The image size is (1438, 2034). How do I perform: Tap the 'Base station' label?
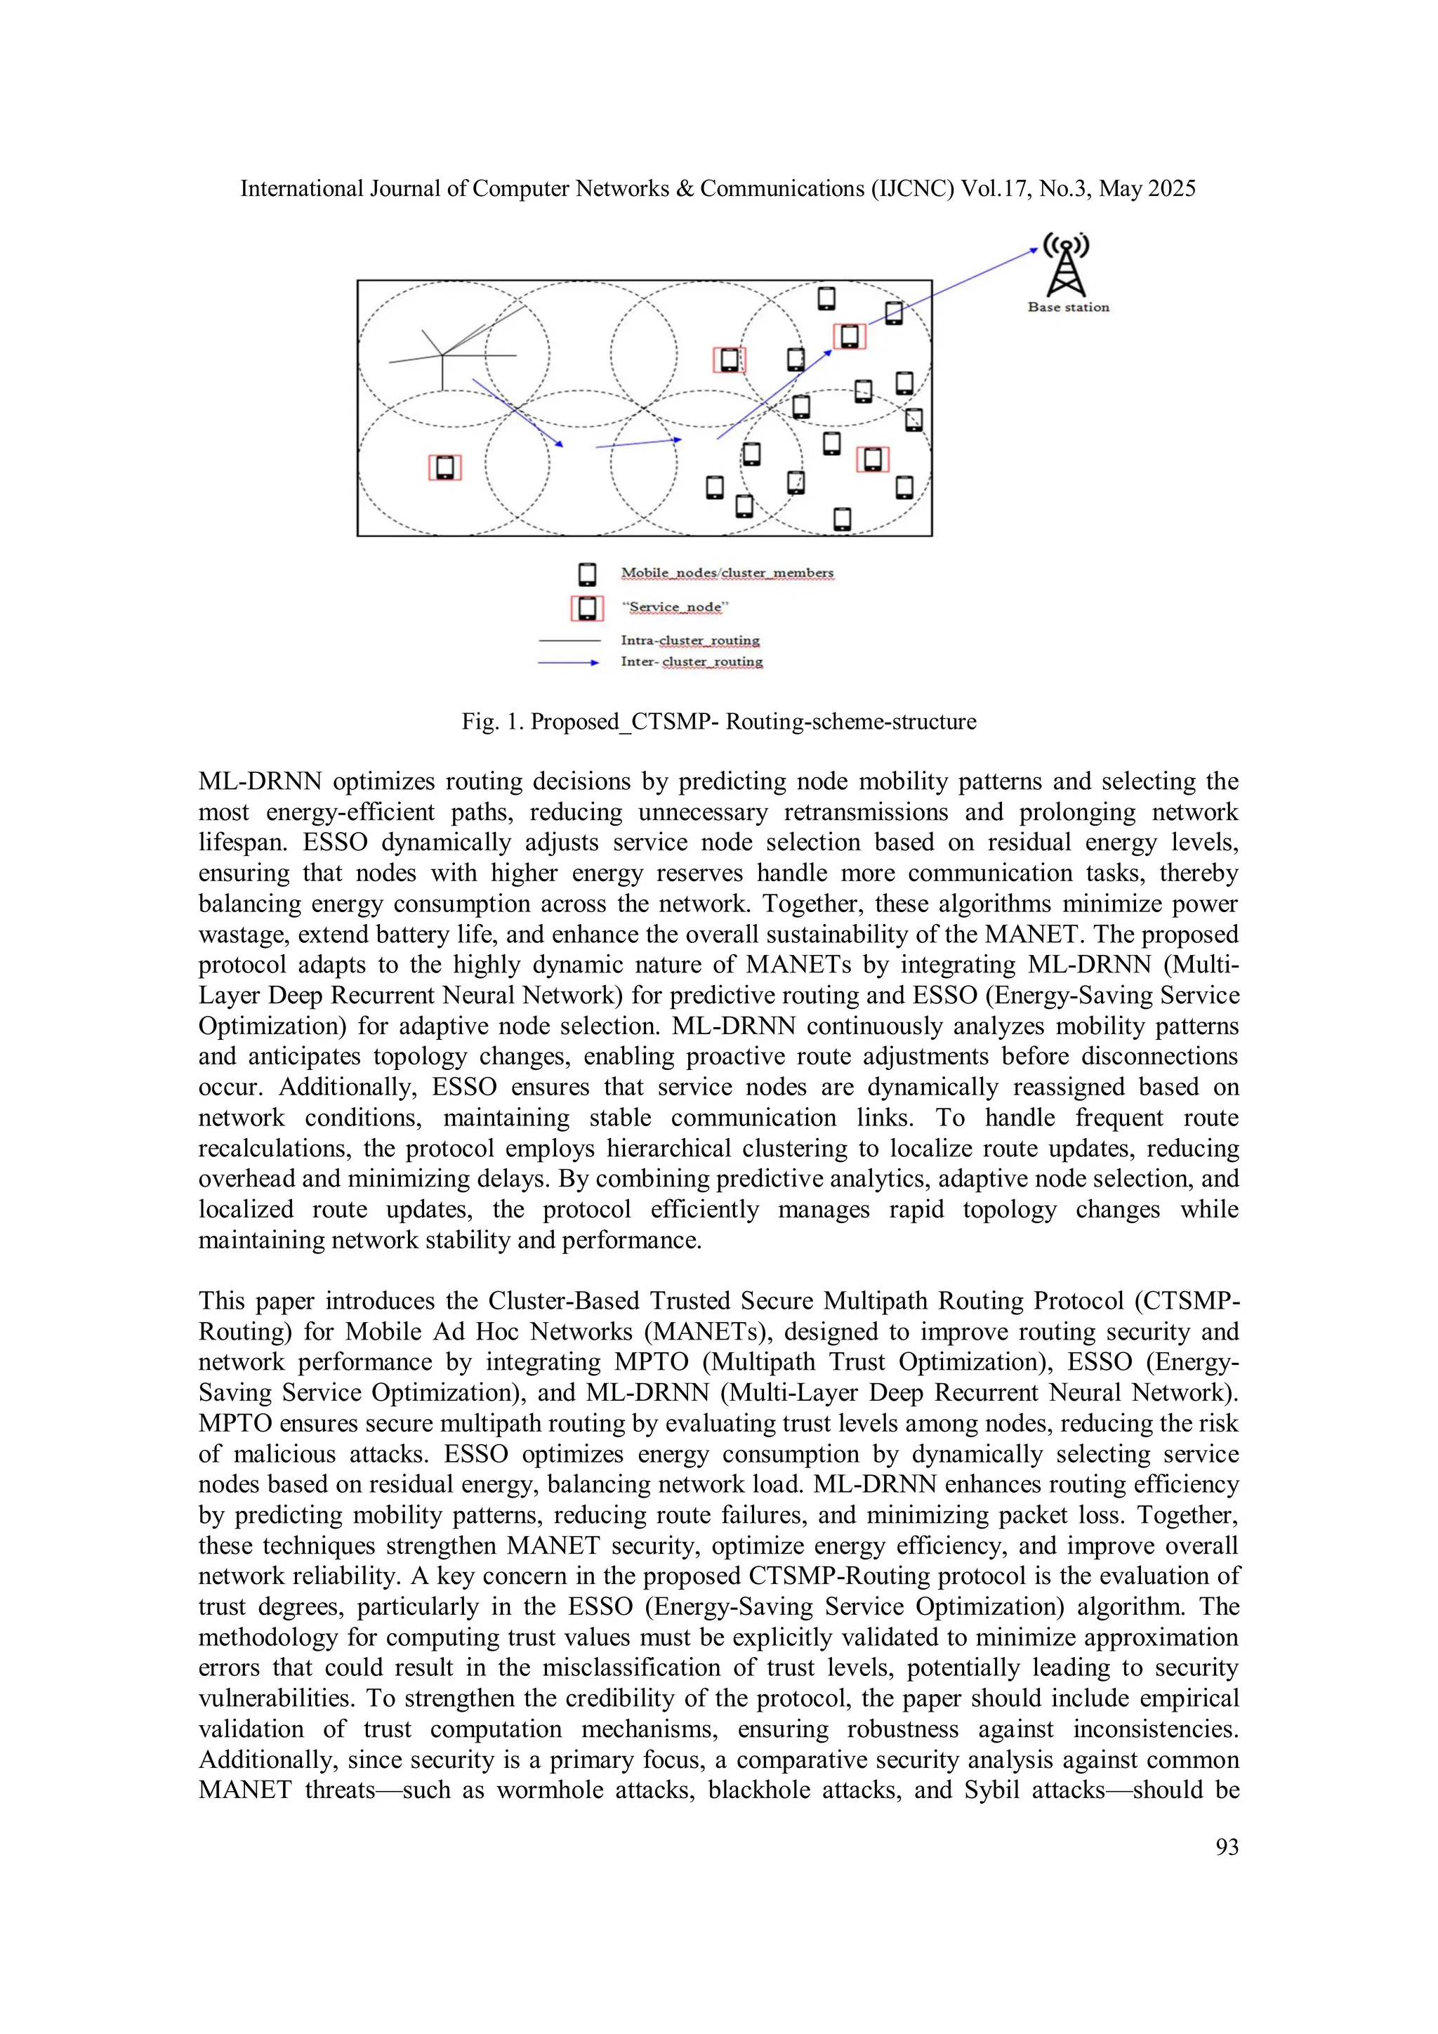point(1068,308)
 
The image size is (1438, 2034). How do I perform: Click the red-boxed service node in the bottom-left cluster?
point(444,467)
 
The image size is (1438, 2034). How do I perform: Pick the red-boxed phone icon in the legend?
point(586,609)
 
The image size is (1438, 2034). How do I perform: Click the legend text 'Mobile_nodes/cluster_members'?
point(727,573)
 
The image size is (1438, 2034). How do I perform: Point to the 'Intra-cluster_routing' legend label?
point(690,640)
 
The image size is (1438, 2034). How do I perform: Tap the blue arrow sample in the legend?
point(568,662)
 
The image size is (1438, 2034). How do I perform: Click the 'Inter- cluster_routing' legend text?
point(691,662)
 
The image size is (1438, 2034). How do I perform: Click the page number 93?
point(1226,1847)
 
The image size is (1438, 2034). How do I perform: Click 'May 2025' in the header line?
point(1147,189)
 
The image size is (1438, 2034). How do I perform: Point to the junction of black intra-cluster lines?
point(442,355)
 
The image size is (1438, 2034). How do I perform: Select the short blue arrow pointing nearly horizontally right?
point(638,443)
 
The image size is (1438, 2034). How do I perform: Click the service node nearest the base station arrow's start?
point(849,336)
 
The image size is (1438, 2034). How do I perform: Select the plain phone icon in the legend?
point(586,574)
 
